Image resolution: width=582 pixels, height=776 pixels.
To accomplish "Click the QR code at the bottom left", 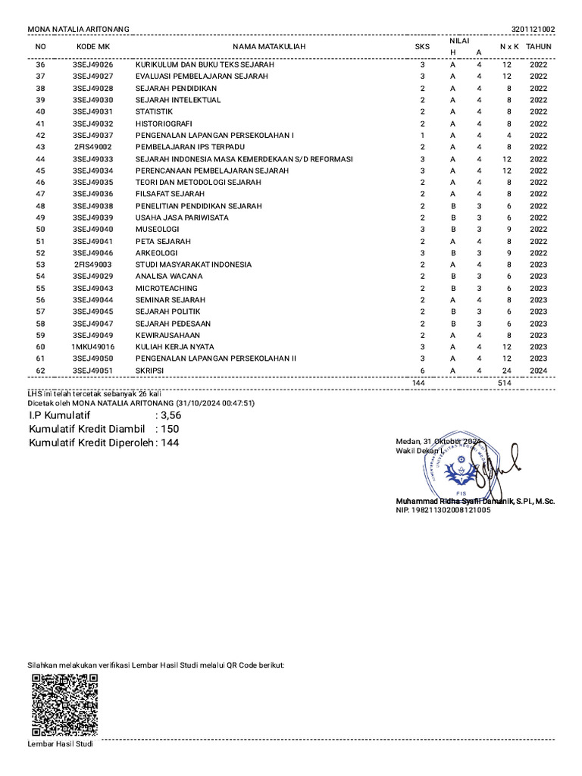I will [x=64, y=704].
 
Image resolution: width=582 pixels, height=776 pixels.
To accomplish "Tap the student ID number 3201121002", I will [x=533, y=30].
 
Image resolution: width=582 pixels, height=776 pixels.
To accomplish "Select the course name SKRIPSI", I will [x=149, y=370].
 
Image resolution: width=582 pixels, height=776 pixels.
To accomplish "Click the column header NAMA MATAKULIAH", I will [x=269, y=47].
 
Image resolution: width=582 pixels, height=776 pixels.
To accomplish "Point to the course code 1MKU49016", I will [x=92, y=346].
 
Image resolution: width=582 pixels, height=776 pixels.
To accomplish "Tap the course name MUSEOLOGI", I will [x=157, y=229].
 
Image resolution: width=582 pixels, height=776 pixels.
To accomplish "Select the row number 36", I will [x=41, y=65].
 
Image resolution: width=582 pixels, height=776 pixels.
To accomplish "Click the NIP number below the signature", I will [x=443, y=511].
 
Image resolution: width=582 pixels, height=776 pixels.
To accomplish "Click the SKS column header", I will [x=422, y=47].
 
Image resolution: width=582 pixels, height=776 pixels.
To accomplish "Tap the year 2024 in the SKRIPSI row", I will [x=539, y=370].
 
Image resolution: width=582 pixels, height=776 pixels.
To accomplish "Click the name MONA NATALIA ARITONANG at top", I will [x=78, y=30].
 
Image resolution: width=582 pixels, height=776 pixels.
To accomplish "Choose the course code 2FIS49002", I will [x=92, y=147].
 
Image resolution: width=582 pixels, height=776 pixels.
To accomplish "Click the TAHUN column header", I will [x=539, y=47].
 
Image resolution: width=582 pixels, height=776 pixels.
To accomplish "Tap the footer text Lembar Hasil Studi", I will [x=60, y=744].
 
